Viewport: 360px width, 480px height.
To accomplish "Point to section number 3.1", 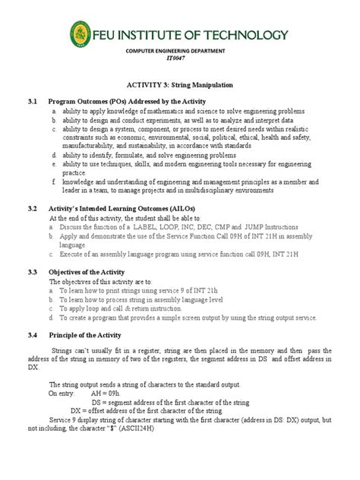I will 32,101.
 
